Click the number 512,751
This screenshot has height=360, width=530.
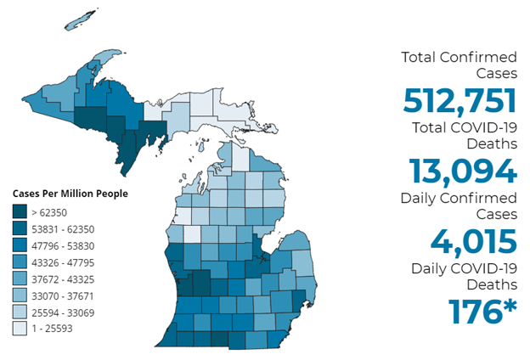coord(460,101)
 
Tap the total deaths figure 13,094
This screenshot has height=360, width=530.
coord(462,171)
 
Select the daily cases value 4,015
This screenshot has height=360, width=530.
coord(473,240)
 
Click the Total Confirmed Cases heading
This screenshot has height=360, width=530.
coord(459,65)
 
